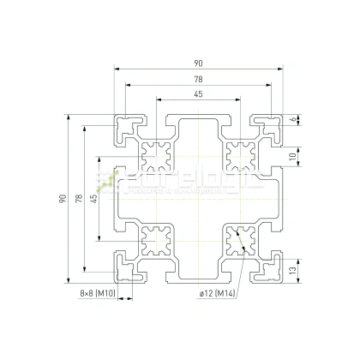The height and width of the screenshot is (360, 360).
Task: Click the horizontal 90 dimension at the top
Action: (198, 62)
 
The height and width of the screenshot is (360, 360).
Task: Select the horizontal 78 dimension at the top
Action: (198, 79)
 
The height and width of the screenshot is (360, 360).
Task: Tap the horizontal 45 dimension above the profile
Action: (198, 94)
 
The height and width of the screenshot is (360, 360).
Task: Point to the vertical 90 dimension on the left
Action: (62, 199)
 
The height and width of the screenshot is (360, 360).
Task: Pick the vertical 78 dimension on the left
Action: (78, 199)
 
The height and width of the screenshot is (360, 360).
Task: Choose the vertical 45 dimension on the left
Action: (94, 199)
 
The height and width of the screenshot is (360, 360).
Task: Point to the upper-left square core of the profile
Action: (157, 156)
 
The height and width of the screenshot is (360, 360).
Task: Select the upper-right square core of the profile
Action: (240, 156)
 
